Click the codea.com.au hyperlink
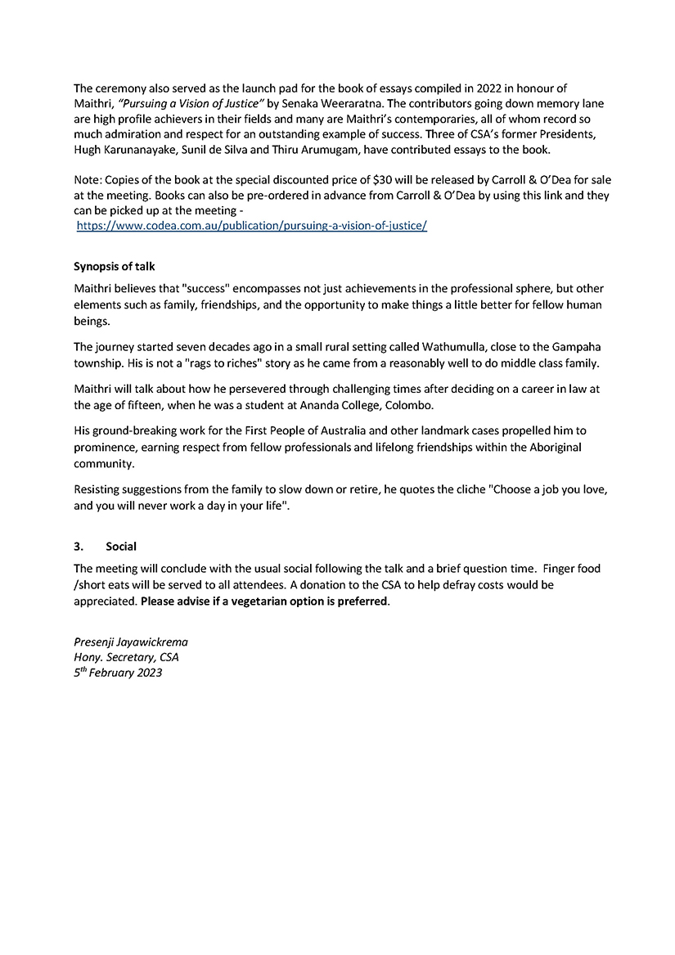[x=252, y=225]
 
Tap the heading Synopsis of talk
[x=115, y=267]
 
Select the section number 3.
[x=78, y=546]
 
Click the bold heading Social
[x=121, y=546]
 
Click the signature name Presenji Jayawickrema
[x=131, y=642]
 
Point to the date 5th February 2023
[x=118, y=673]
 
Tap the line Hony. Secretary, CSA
[x=127, y=657]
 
